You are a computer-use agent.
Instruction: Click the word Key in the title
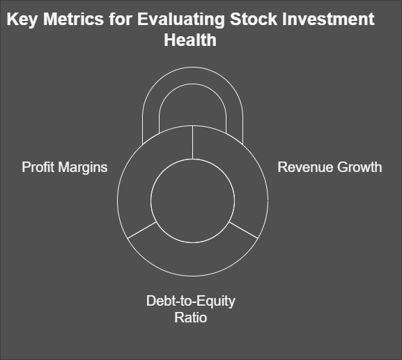tap(22, 19)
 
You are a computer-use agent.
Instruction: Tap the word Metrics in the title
tap(74, 19)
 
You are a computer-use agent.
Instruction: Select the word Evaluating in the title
tap(180, 19)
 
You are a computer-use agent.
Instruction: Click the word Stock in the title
tap(254, 19)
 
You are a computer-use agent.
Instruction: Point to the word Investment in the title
tap(328, 19)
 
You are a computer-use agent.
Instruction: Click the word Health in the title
tap(190, 40)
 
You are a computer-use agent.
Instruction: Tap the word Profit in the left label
tap(38, 167)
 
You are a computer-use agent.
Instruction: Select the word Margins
tap(83, 168)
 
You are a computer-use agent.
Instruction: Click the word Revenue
tap(305, 167)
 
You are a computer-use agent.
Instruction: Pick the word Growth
tap(360, 167)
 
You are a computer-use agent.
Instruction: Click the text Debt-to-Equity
tap(191, 302)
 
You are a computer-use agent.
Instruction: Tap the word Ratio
tap(190, 318)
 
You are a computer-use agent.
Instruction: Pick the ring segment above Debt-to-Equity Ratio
tap(192, 259)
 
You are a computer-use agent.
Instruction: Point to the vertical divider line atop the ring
tap(192, 142)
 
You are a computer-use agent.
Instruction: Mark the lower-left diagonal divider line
tap(142, 230)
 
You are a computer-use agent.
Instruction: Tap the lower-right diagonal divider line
tap(243, 230)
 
